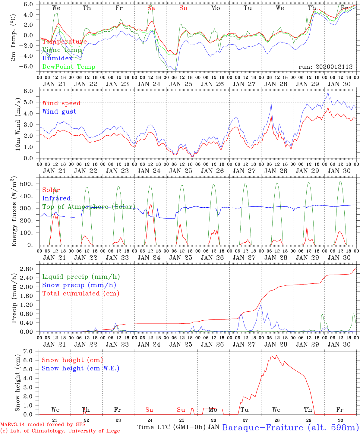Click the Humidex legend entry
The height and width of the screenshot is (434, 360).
pos(57,58)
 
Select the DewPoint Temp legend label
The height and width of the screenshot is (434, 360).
pos(69,67)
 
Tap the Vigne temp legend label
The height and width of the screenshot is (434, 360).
pos(62,50)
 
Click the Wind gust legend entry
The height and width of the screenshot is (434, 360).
pos(59,112)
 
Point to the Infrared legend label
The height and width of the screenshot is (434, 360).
pos(56,198)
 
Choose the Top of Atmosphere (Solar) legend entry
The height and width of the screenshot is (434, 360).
pos(88,207)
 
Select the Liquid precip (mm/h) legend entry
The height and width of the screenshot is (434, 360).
pos(81,277)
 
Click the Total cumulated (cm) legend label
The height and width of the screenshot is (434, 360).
pos(81,294)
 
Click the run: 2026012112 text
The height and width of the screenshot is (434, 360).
pos(325,67)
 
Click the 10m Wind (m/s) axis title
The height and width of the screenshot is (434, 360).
pos(18,124)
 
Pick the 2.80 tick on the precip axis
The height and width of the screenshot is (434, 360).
pos(30,269)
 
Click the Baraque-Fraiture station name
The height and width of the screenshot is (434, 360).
pos(290,428)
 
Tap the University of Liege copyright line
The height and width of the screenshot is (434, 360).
pos(60,431)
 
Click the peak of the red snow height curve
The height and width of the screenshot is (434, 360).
pos(276,355)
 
